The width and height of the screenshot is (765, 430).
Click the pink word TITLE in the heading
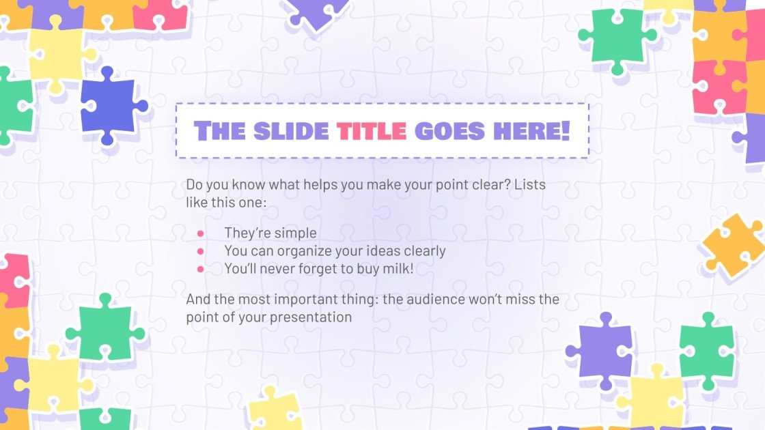(x=372, y=130)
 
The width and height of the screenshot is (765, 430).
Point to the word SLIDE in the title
(x=291, y=130)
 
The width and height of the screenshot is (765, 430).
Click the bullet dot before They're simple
(x=201, y=233)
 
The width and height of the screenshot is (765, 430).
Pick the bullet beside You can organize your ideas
(x=201, y=251)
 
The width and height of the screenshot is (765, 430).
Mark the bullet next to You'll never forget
(x=201, y=269)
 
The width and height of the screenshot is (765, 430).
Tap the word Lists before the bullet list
(x=531, y=185)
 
